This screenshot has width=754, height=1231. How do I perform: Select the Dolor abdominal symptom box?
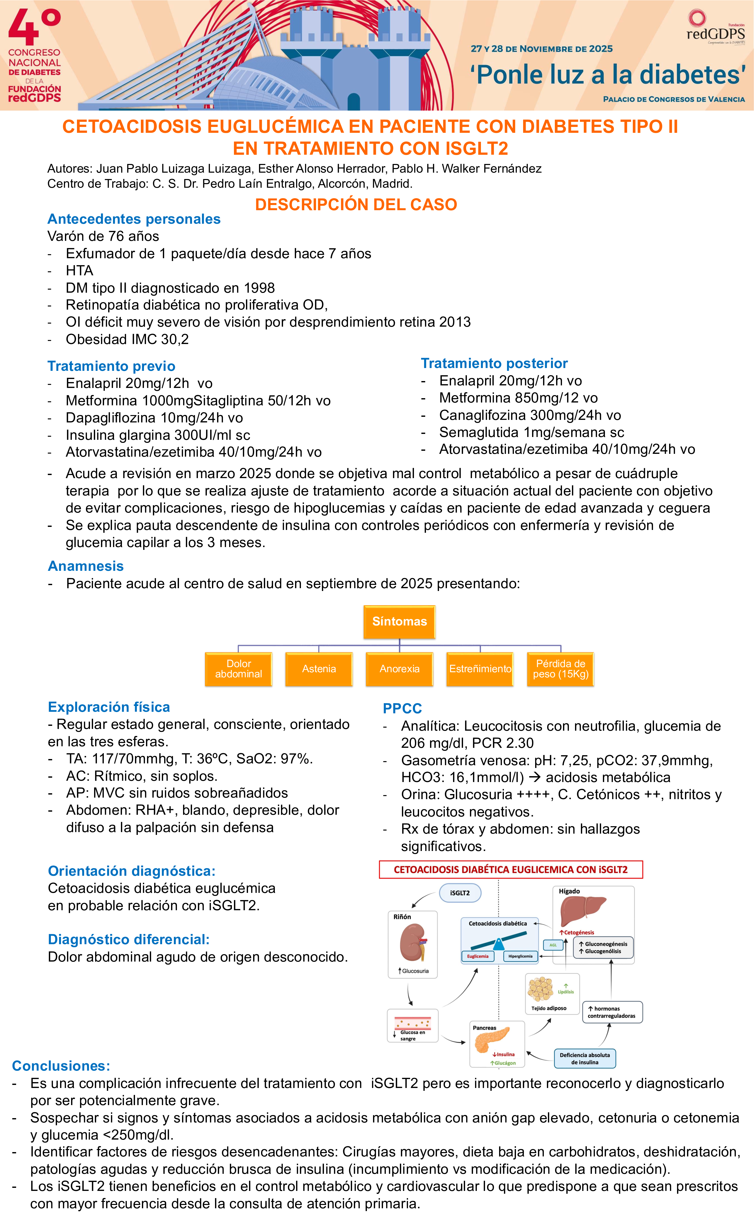tap(239, 669)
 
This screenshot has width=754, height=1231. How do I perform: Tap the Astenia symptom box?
tap(319, 669)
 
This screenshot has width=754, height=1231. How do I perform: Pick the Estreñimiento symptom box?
tap(480, 669)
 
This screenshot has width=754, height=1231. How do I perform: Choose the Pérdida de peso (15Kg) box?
tap(560, 669)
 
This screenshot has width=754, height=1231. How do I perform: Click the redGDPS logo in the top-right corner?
tap(715, 28)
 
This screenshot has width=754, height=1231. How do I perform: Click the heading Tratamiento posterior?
tap(494, 363)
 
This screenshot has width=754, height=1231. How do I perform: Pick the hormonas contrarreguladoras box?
tap(612, 1012)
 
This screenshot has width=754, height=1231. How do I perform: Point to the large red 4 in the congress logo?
tap(24, 28)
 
